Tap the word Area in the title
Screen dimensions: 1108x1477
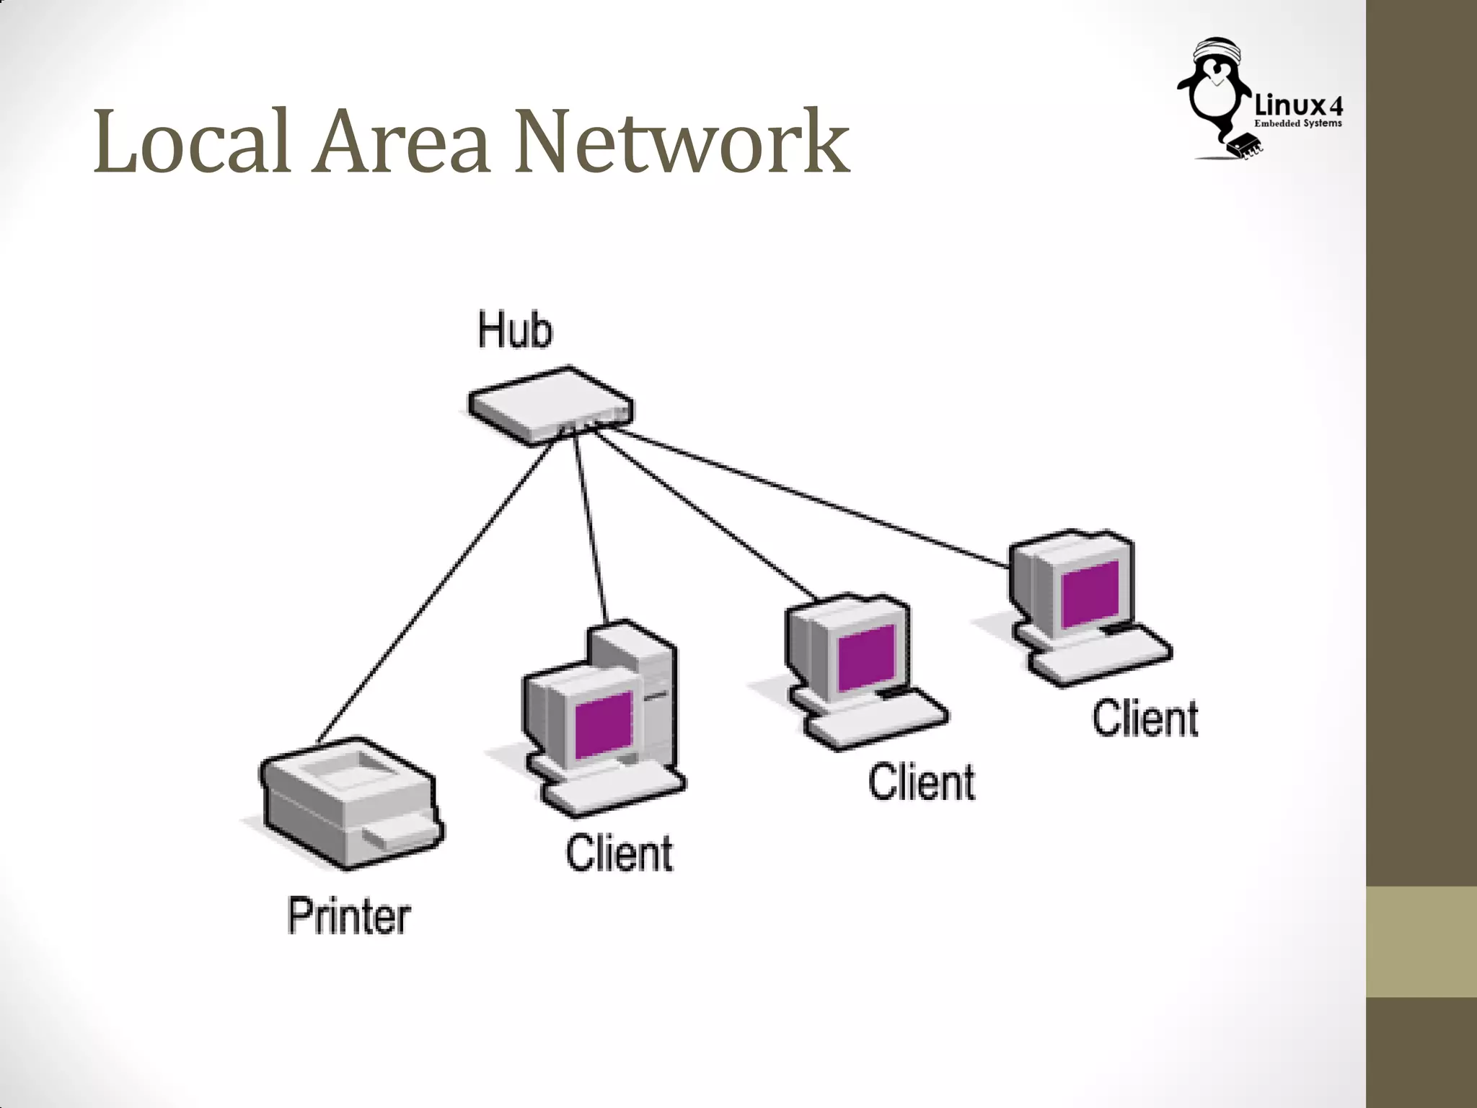[x=402, y=141]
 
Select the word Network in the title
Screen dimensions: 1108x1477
[x=682, y=141]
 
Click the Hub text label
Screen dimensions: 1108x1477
[x=515, y=331]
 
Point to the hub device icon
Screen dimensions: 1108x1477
[x=550, y=405]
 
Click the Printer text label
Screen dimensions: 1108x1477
[x=349, y=917]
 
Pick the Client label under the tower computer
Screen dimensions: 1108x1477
[x=619, y=853]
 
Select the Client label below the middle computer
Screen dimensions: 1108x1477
[x=921, y=783]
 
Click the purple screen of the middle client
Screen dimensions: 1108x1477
[x=866, y=656]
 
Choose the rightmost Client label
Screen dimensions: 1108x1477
[x=1145, y=718]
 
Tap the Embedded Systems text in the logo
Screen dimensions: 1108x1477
[x=1298, y=124]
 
